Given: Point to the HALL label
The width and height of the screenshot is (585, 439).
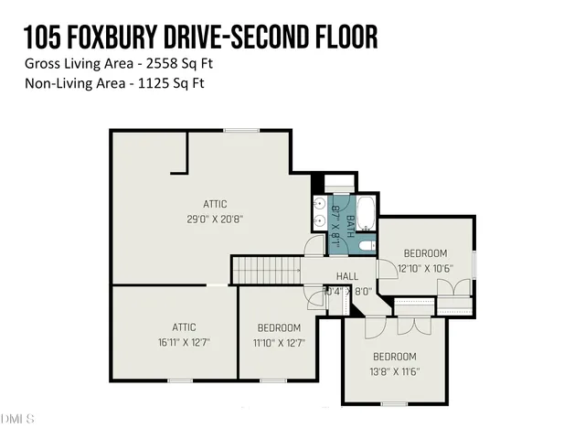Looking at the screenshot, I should coord(347,276).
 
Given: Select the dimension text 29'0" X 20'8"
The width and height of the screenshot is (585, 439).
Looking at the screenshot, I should coord(215,219).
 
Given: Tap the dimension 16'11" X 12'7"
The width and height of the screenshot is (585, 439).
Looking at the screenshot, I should coord(173,343).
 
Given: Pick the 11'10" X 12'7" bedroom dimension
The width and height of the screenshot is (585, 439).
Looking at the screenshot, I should coord(279,343).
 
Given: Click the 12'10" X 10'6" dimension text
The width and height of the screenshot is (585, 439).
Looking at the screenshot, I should coord(426,269).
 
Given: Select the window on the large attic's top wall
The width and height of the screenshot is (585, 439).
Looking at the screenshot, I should coord(240,131).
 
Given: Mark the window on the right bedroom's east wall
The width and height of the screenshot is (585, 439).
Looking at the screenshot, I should coord(474,263).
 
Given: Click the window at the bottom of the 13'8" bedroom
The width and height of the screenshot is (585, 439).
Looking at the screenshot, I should coord(394,403).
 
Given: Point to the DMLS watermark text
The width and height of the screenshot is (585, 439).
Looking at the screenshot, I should coord(17,419).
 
